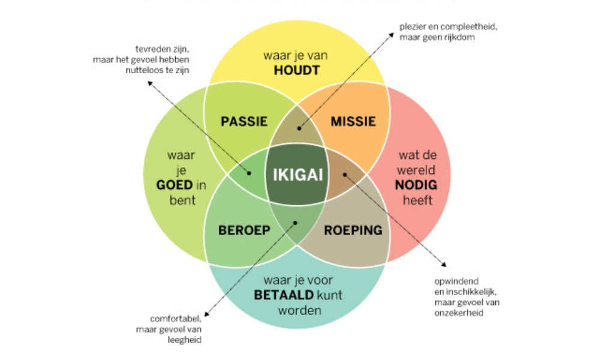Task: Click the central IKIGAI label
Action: pyautogui.click(x=298, y=174)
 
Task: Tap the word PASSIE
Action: pyautogui.click(x=244, y=121)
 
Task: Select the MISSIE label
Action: pyautogui.click(x=353, y=121)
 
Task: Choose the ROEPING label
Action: pyautogui.click(x=353, y=230)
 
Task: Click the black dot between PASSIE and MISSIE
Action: pyautogui.click(x=299, y=128)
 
